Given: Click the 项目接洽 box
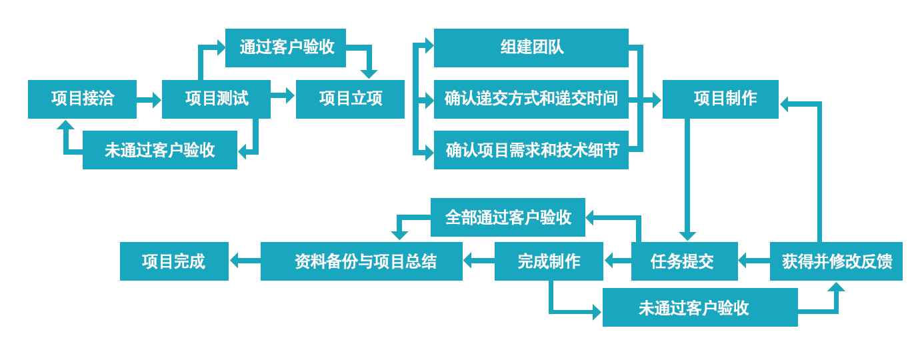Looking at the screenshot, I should pyautogui.click(x=82, y=99).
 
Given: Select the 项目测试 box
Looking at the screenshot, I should pyautogui.click(x=216, y=99).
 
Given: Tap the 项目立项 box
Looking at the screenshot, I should pyautogui.click(x=350, y=99).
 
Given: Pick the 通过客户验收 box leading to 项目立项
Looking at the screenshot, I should pyautogui.click(x=285, y=47).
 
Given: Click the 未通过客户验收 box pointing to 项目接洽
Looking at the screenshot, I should pyautogui.click(x=159, y=150).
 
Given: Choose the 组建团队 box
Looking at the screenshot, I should pyautogui.click(x=531, y=47).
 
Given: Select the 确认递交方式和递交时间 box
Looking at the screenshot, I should pyautogui.click(x=531, y=99).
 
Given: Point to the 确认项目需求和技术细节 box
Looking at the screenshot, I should pyautogui.click(x=531, y=150).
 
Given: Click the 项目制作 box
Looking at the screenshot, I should pyautogui.click(x=720, y=99).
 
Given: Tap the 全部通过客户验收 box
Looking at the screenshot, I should pyautogui.click(x=507, y=217).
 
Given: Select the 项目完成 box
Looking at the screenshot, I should pyautogui.click(x=174, y=261).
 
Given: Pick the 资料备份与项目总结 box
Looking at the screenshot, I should pyautogui.click(x=361, y=261).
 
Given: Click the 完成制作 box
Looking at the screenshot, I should pyautogui.click(x=549, y=261).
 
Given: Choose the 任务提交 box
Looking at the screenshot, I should pyautogui.click(x=684, y=261).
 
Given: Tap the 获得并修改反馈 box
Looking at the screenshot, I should pyautogui.click(x=836, y=261).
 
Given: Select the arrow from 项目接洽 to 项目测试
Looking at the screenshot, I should pyautogui.click(x=149, y=100).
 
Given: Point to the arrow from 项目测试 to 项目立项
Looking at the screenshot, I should pyautogui.click(x=283, y=96).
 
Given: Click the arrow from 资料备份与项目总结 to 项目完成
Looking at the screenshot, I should pyautogui.click(x=244, y=260).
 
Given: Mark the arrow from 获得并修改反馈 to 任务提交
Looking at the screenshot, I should pyautogui.click(x=754, y=260).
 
